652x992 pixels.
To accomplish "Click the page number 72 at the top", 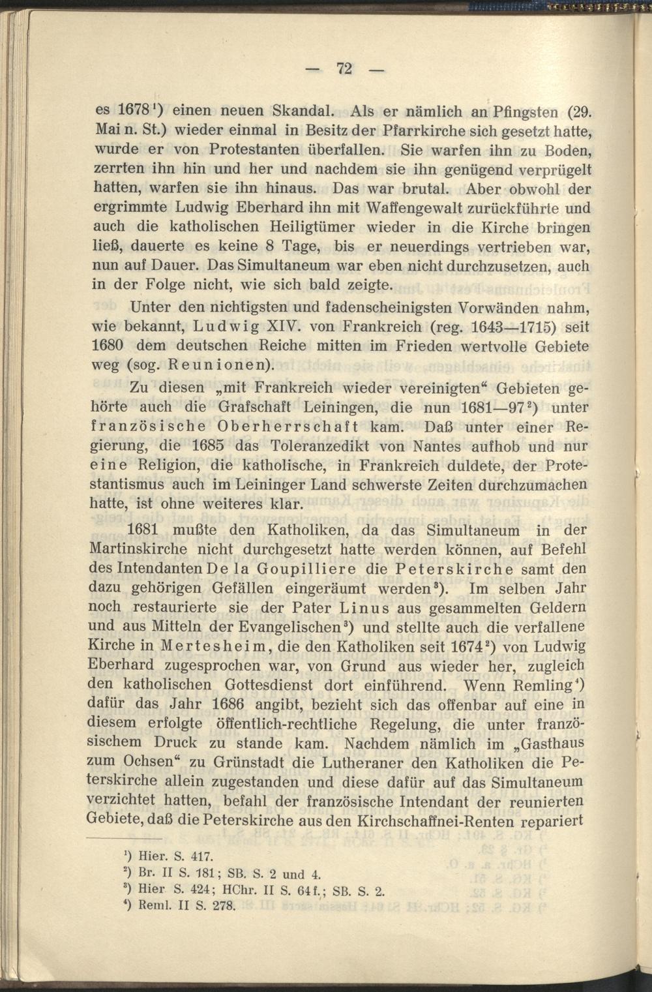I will (x=344, y=68).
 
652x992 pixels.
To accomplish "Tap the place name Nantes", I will (x=441, y=447).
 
